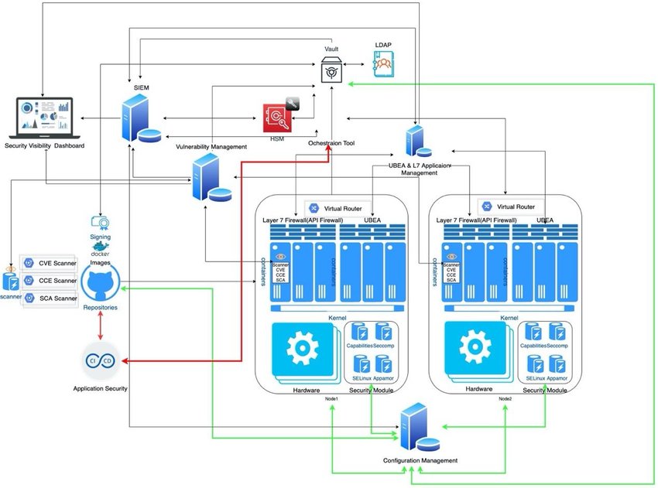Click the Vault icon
331,70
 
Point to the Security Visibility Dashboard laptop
45,118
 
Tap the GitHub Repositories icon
101,285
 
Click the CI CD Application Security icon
101,361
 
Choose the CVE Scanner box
50,264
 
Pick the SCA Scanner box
50,298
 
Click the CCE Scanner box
50,281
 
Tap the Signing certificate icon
100,225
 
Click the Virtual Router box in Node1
338,207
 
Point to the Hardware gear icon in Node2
473,349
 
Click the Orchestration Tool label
331,143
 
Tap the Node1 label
333,398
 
